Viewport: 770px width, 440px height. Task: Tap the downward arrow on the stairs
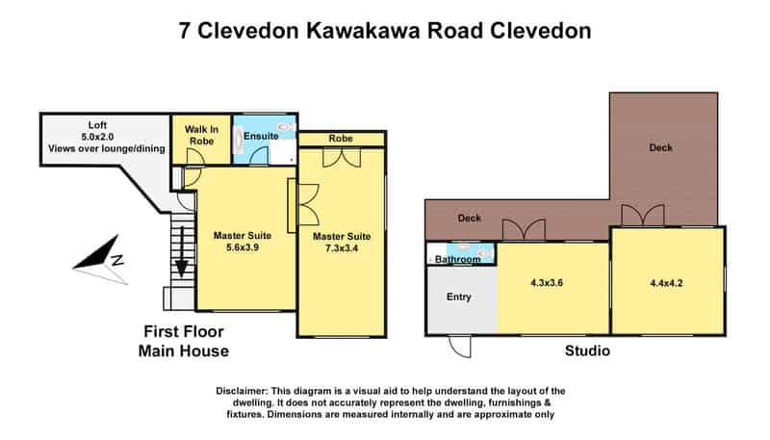coord(182,251)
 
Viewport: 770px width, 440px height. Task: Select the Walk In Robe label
coord(201,135)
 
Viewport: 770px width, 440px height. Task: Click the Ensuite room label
coord(261,136)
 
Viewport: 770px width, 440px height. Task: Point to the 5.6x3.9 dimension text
coord(243,247)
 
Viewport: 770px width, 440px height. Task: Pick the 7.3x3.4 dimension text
coord(342,248)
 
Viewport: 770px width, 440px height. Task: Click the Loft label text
coord(97,125)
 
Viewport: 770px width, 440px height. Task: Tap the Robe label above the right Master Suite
coord(341,139)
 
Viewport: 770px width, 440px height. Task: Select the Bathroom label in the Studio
coord(458,259)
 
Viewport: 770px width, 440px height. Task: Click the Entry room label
coord(459,297)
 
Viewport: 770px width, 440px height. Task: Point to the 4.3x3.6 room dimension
coord(547,283)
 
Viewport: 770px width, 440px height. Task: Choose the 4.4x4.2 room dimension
coord(666,283)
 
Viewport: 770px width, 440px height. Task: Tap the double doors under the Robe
coord(342,158)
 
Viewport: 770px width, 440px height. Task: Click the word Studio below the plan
coord(587,350)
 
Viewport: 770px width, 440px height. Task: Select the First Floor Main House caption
coord(184,341)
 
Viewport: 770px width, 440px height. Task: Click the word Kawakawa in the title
coord(364,31)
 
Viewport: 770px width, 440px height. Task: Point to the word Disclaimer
coord(243,392)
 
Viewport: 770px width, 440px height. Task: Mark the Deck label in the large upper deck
coord(660,147)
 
